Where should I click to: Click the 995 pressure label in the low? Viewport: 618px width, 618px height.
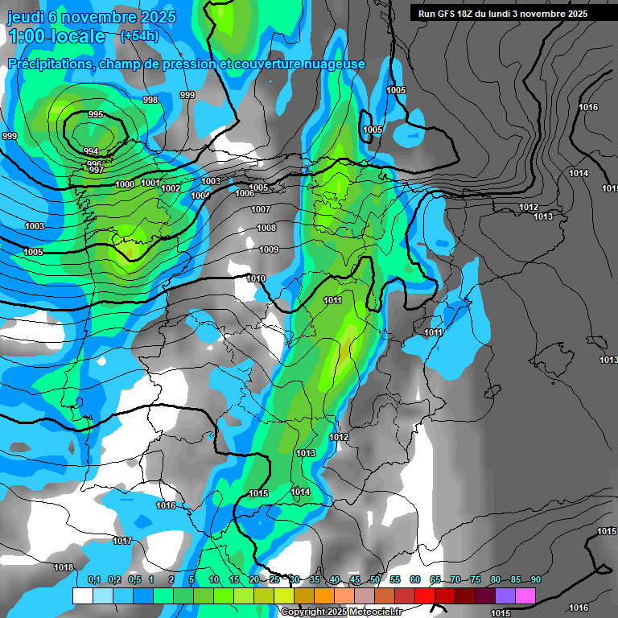96,115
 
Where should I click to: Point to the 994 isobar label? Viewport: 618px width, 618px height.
91,152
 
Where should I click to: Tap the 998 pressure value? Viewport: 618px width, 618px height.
150,100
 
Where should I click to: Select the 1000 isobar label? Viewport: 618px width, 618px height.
125,185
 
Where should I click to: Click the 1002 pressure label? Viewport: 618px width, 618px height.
171,188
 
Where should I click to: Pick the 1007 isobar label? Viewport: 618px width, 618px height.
261,209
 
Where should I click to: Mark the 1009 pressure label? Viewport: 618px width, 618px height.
269,250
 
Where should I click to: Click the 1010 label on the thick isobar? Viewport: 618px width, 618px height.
256,278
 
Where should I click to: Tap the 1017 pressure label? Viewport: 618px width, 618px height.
122,541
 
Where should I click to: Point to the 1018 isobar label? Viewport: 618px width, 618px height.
64,567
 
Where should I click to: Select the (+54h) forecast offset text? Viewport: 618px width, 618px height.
139,36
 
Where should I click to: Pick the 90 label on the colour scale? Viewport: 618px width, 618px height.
536,579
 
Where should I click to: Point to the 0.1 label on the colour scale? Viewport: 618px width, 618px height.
93,579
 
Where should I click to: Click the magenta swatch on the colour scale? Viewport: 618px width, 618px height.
525,595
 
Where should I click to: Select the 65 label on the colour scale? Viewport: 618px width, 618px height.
435,579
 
